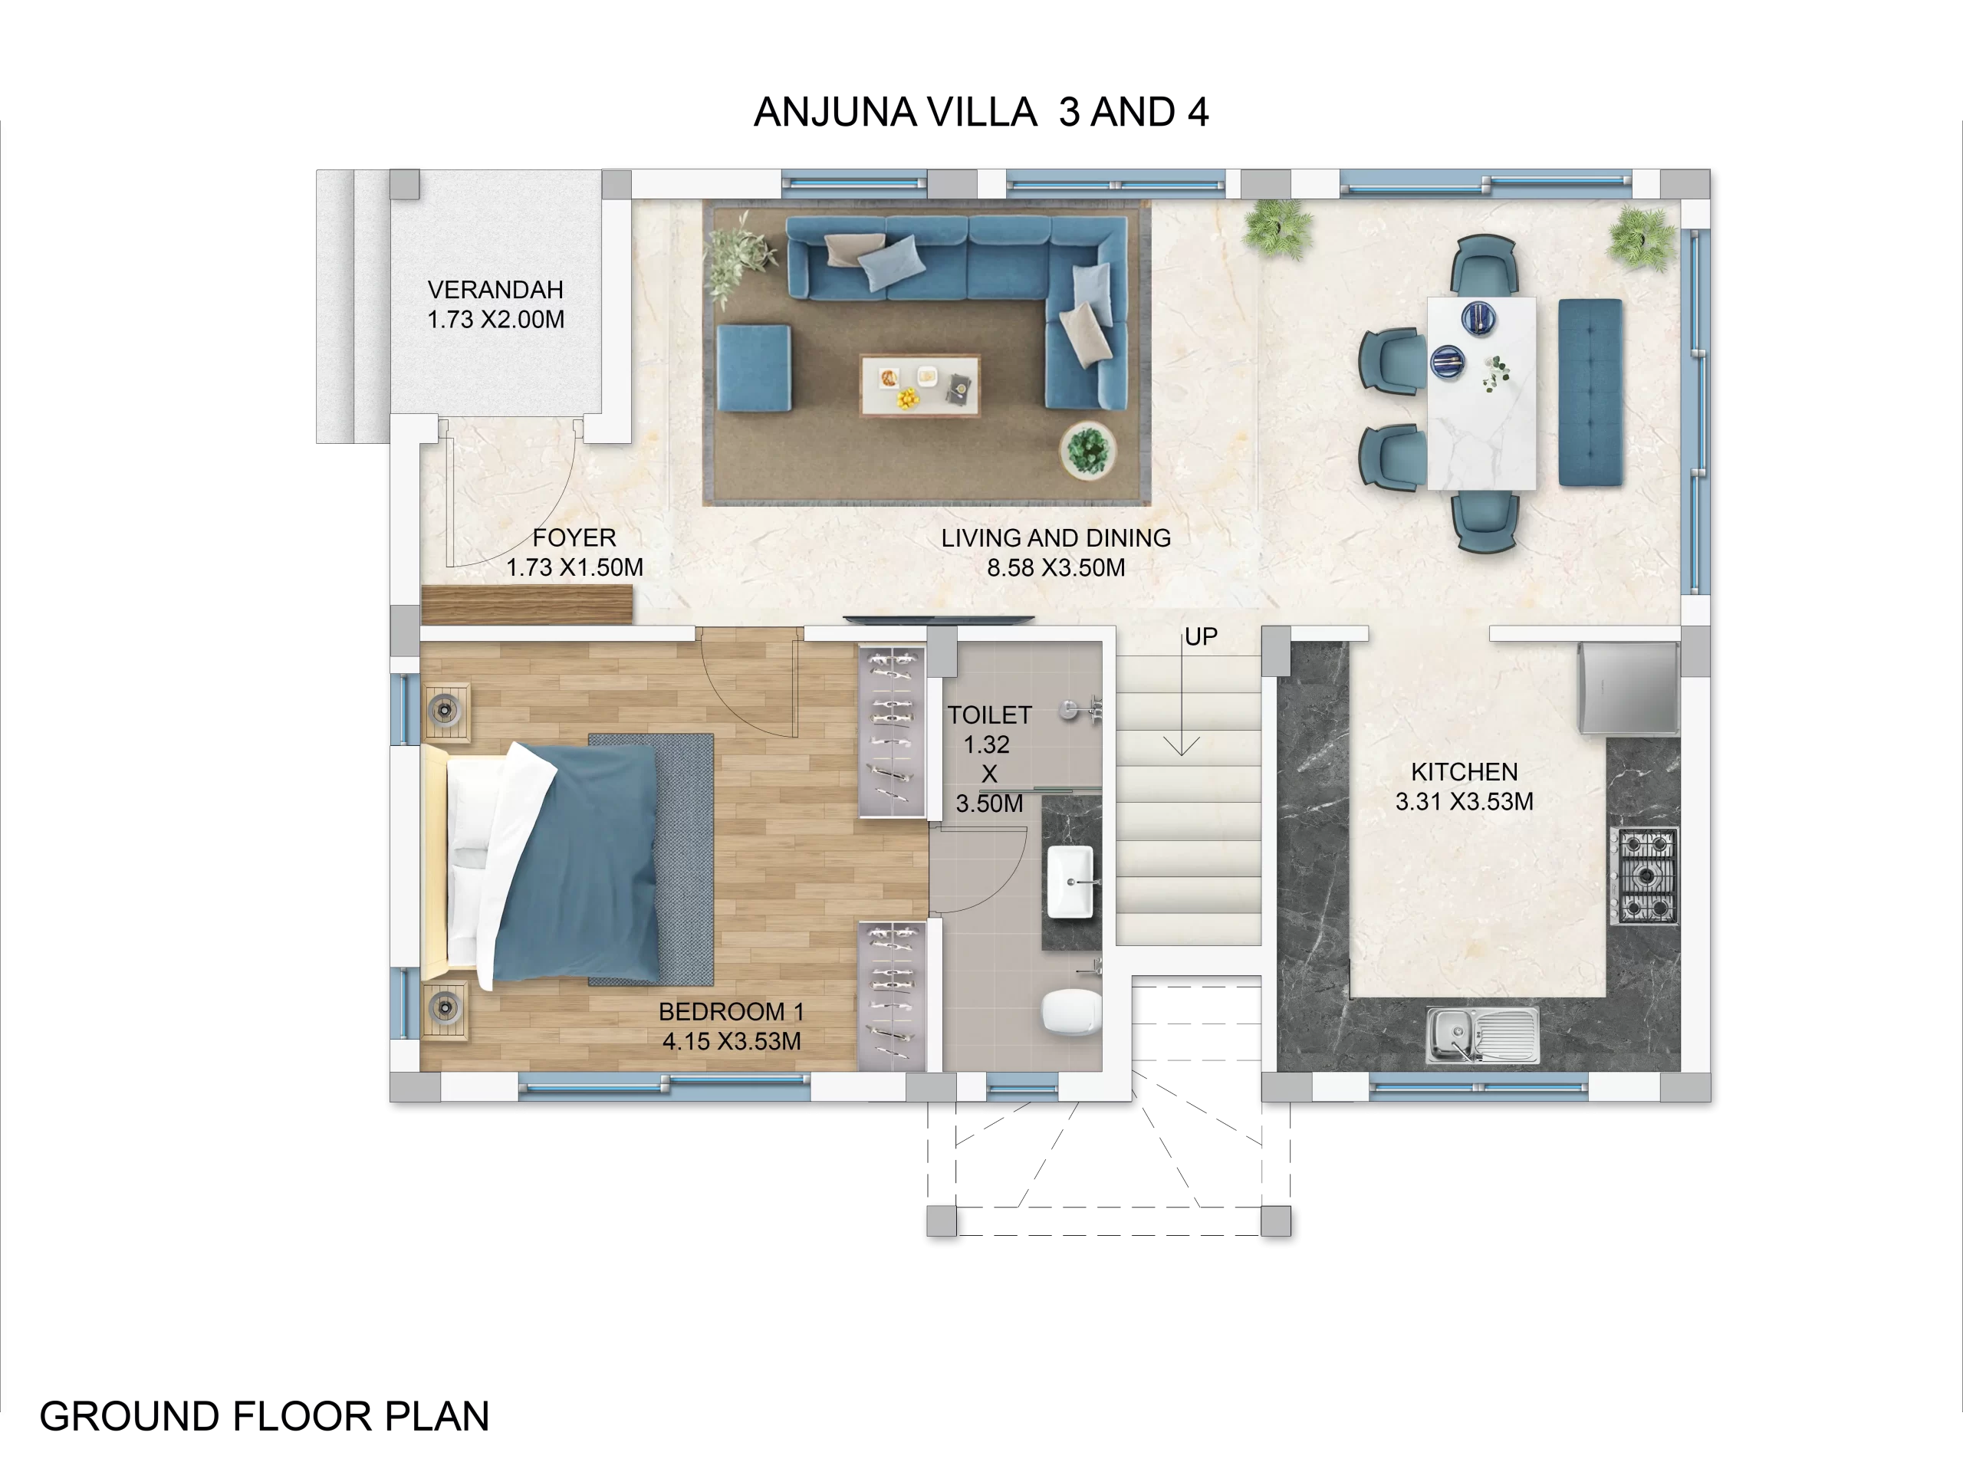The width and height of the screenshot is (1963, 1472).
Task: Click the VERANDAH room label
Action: coord(495,290)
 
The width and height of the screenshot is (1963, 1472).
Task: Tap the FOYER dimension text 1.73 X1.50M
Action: coord(574,568)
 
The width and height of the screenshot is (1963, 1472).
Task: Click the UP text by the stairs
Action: coord(1201,637)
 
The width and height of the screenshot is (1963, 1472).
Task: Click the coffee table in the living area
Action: coord(919,386)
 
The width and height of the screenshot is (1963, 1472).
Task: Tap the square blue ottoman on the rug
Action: coord(754,368)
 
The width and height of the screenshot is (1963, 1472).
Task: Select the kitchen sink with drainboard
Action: coord(1482,1034)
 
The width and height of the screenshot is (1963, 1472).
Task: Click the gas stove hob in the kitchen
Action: coord(1646,876)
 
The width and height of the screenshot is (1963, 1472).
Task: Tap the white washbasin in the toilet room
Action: coord(1070,882)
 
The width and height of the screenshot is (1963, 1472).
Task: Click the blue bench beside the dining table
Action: coord(1590,393)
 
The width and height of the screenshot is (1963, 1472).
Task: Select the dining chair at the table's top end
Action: coord(1485,264)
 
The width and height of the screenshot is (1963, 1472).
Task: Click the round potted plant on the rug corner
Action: coord(1087,450)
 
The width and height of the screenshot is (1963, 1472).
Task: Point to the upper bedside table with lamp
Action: coord(446,711)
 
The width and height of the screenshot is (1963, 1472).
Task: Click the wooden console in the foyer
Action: coord(526,604)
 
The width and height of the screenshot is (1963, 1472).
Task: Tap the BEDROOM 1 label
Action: coord(732,1011)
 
